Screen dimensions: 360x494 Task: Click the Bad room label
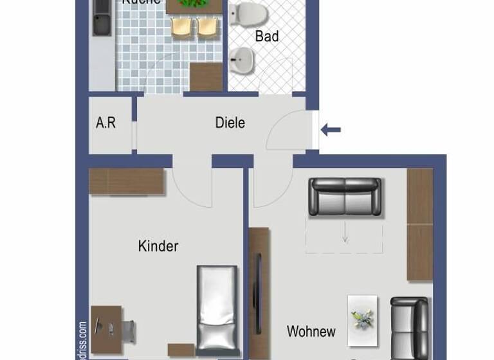click(267, 36)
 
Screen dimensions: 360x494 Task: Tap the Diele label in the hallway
click(230, 122)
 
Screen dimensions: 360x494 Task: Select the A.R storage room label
click(105, 122)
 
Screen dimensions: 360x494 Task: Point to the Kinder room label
click(158, 246)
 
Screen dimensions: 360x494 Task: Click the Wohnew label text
click(311, 332)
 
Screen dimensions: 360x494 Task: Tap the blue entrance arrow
click(331, 130)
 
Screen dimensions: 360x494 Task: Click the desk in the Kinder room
click(106, 329)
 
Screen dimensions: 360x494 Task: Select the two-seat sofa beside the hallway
click(345, 196)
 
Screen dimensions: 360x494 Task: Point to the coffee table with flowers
click(363, 320)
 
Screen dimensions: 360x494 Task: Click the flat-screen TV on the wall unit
click(259, 283)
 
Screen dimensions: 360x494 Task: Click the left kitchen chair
click(182, 26)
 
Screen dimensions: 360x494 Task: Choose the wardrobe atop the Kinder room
click(127, 181)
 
